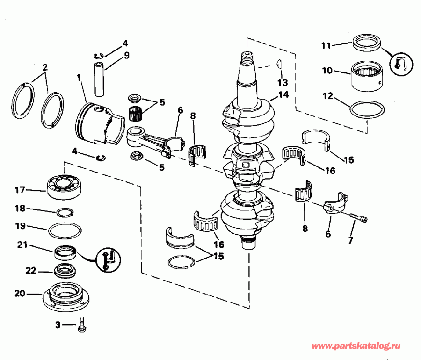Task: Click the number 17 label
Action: click(19, 190)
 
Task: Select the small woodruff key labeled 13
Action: click(277, 62)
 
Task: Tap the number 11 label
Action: click(326, 45)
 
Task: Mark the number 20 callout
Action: click(19, 294)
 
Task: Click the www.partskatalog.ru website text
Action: click(355, 346)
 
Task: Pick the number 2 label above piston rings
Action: click(44, 67)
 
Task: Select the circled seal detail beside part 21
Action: click(107, 259)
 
